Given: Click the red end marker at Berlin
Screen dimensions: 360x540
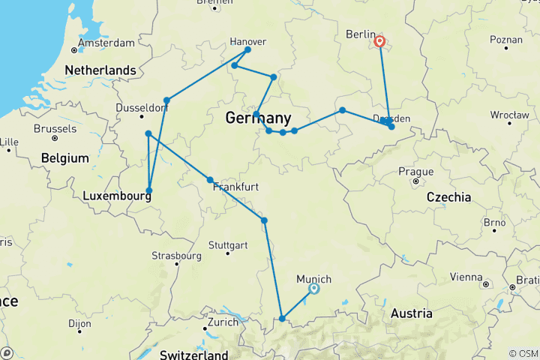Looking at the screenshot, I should [380, 42].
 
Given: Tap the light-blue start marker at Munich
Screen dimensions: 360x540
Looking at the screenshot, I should [314, 288].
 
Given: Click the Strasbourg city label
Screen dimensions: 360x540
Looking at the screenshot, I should [178, 255].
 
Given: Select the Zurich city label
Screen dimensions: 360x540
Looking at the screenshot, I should [223, 321].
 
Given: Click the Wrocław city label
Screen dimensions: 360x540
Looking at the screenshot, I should [489, 115].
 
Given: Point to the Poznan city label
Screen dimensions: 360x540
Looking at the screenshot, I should [505, 39].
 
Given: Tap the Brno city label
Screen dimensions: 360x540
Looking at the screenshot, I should [494, 223].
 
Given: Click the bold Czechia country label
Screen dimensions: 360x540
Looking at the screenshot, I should [448, 197].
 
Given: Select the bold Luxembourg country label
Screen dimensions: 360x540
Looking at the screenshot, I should [113, 195].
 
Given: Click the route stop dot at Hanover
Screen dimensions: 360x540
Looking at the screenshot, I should [248, 49].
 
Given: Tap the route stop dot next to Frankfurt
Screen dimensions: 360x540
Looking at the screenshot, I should [210, 180].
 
